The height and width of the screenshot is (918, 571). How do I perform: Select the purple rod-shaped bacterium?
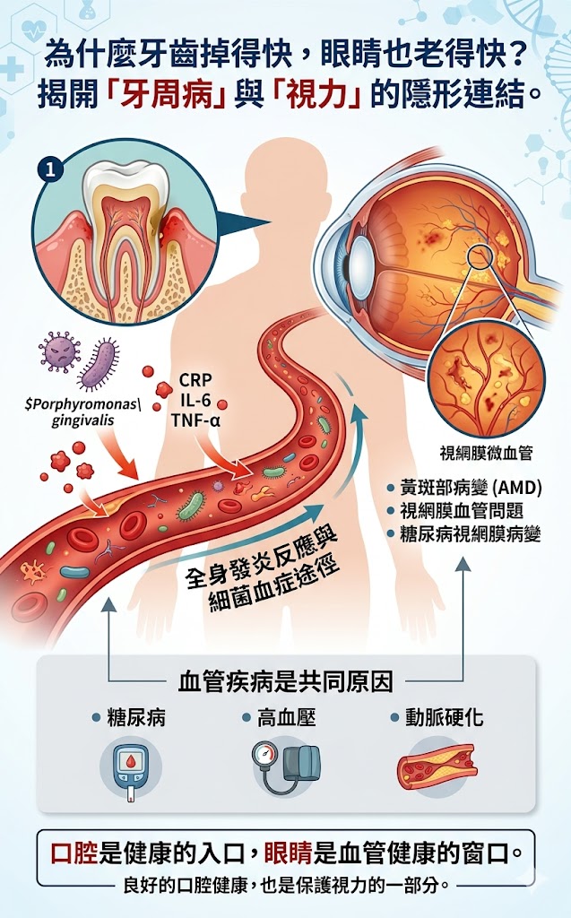point(99,364)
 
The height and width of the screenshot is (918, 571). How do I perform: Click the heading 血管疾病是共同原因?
point(285,682)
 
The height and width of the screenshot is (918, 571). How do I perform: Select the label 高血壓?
point(286,719)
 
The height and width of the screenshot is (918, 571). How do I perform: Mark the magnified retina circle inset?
point(485,377)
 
